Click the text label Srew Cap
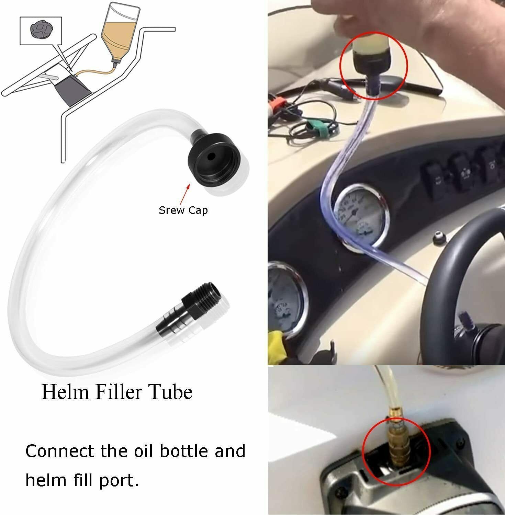183,210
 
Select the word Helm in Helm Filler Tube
65,392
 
